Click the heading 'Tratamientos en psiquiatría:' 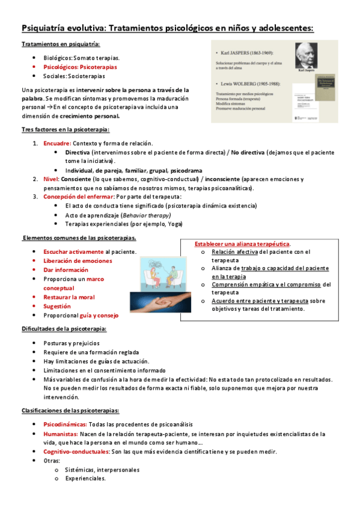[x=61, y=45]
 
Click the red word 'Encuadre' [x=57, y=143]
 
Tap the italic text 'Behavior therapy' [x=147, y=215]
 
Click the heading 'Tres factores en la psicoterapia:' [x=65, y=130]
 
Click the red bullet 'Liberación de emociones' [x=78, y=261]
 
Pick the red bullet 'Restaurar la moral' [x=69, y=297]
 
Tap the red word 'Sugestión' [x=57, y=306]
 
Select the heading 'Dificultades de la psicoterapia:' [x=64, y=329]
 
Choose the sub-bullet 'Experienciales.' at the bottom [x=86, y=479]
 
